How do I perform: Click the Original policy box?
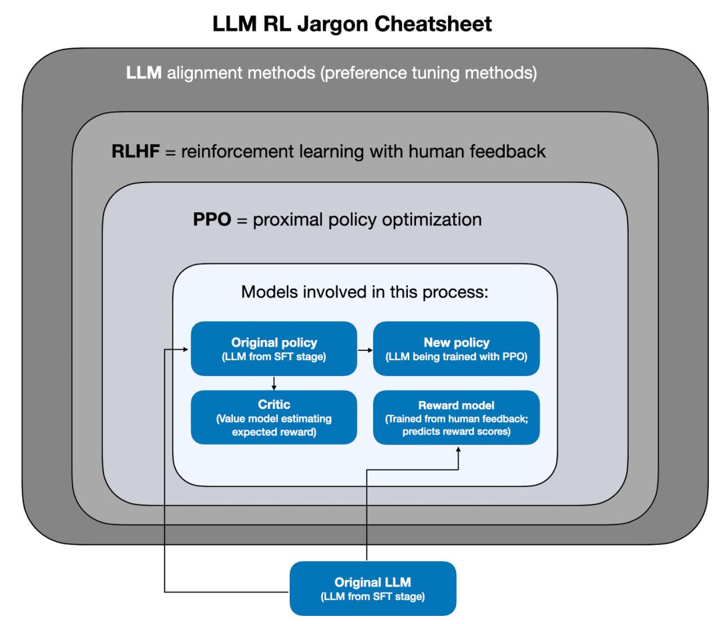(273, 348)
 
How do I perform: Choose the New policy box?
(456, 348)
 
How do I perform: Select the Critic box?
(273, 418)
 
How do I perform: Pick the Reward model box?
(456, 418)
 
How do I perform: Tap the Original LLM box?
(372, 588)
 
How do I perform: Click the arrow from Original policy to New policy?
(364, 349)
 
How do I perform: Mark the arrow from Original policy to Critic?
(273, 383)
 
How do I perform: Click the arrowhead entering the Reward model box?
(458, 449)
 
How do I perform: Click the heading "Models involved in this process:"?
(365, 293)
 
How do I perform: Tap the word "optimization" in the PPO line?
(434, 219)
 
